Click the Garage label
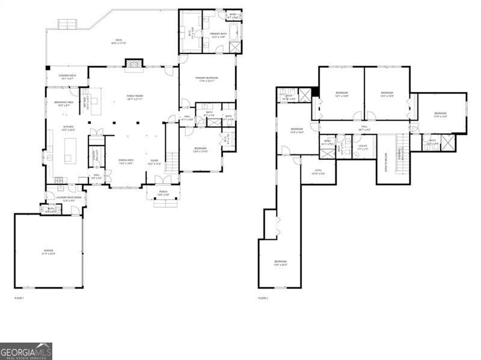pos(49,251)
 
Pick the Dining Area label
pos(125,160)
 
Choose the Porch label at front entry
pos(164,193)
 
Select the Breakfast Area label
pos(63,103)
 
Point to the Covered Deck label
pos(66,76)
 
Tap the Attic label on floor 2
pos(319,171)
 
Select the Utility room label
pos(363,145)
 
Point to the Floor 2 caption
pos(263,297)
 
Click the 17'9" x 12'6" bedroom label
pos(441,114)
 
